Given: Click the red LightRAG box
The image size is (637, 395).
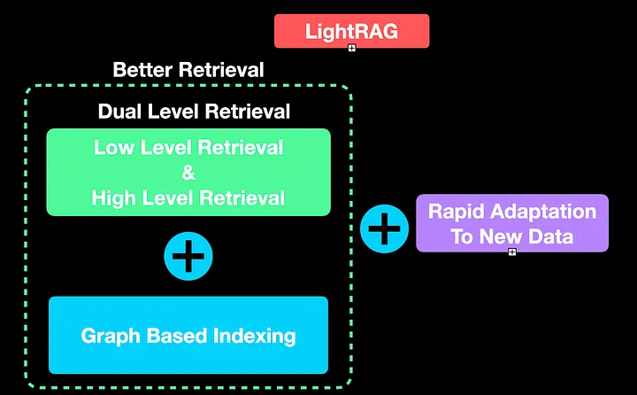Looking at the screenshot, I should [x=351, y=31].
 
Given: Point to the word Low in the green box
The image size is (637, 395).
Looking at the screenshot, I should [x=112, y=147].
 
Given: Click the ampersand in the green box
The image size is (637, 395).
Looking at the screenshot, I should [x=188, y=172].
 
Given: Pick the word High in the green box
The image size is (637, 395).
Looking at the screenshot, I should [x=112, y=197].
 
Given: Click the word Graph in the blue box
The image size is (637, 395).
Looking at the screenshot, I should [x=110, y=336].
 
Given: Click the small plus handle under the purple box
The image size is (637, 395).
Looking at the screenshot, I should [x=511, y=252].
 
